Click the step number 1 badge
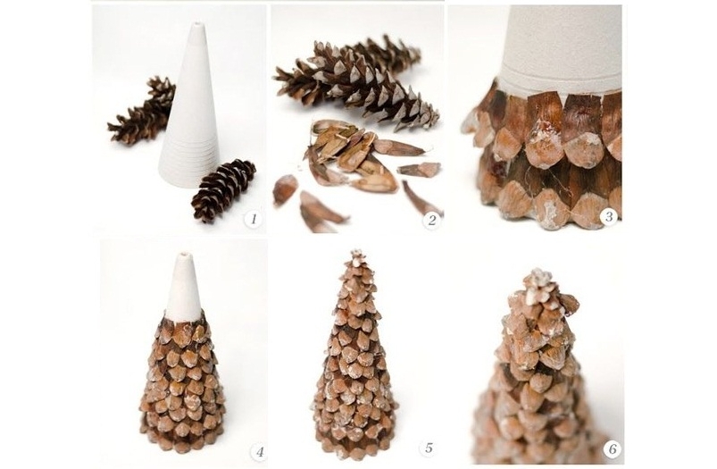[253, 219]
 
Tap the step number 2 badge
[431, 220]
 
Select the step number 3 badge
[608, 216]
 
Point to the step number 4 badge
[259, 453]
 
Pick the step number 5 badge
[429, 448]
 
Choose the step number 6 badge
[612, 448]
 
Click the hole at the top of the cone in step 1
[197, 23]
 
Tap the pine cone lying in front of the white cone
[223, 189]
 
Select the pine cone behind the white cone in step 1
[143, 110]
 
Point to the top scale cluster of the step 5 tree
[356, 257]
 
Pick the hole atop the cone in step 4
[185, 253]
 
